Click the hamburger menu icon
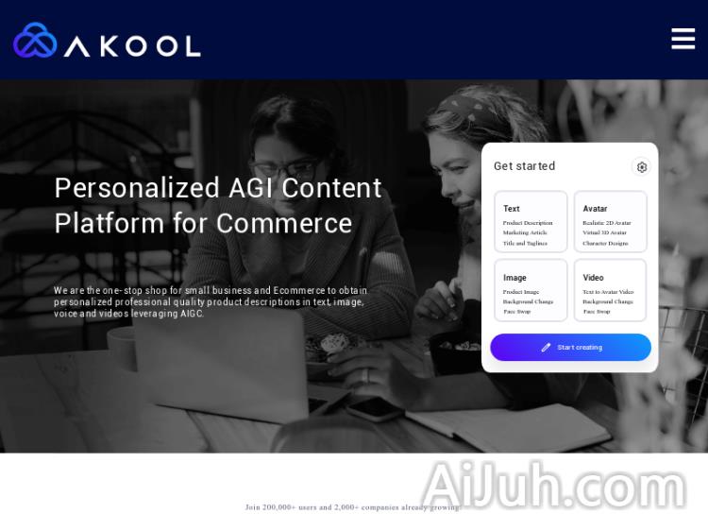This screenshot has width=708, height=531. [683, 39]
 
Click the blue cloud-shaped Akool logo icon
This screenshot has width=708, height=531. [35, 41]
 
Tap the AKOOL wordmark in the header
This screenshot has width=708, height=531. [132, 45]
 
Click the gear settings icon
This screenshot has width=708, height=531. [642, 167]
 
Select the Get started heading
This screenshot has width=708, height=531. [524, 166]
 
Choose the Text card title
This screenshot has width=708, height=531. [512, 209]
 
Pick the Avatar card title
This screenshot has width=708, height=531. [595, 209]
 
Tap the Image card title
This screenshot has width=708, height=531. [514, 278]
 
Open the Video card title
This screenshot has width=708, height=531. [593, 278]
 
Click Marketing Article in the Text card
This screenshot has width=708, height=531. [525, 232]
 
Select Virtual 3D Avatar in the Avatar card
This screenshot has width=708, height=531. [604, 232]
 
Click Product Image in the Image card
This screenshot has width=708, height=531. [521, 292]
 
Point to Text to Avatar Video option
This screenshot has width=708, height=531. [608, 292]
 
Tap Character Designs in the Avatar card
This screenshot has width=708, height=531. [605, 243]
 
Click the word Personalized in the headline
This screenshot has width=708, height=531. [138, 188]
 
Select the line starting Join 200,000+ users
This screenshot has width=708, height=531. [352, 507]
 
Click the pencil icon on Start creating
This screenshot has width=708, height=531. [546, 348]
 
